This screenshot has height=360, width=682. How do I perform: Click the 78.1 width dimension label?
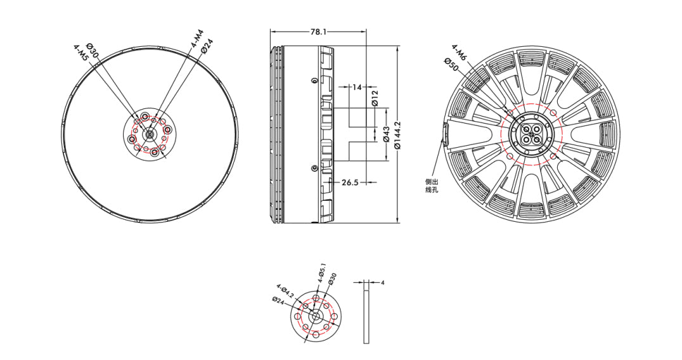tap(318, 32)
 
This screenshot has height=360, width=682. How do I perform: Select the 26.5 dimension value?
tap(350, 183)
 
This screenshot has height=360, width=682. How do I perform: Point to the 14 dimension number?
tap(357, 87)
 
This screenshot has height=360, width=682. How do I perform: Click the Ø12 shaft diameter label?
tap(375, 98)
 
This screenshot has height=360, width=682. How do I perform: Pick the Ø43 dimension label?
tap(386, 135)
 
